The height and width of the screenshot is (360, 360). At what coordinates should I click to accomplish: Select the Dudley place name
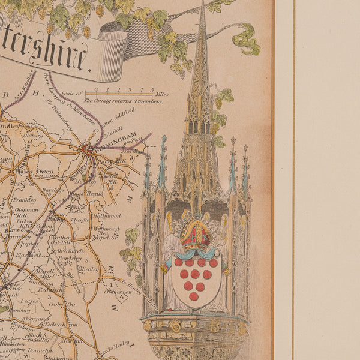pos(11,127)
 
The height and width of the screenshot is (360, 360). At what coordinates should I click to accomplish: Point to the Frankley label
pos(23,199)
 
